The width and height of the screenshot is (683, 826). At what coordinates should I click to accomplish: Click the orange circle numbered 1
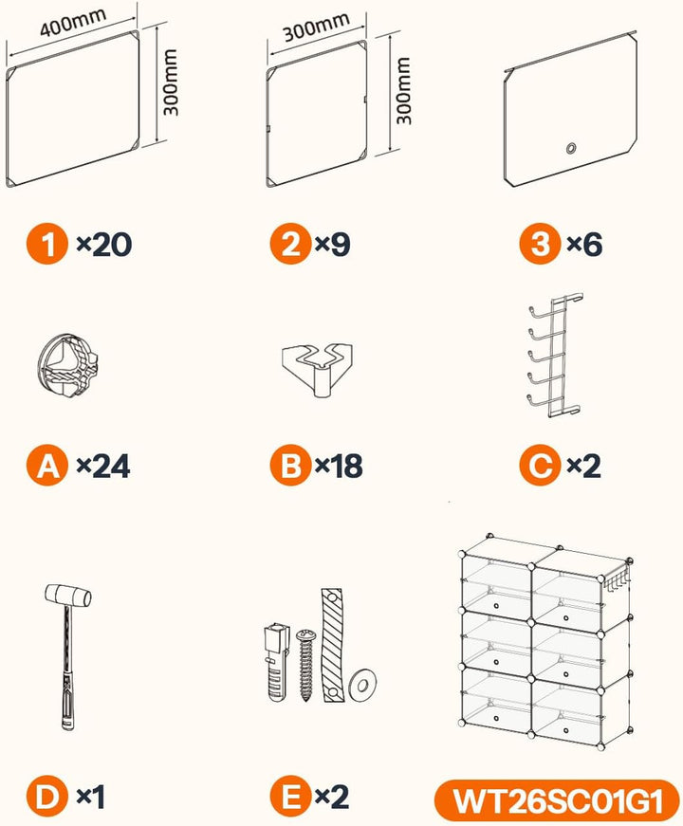[x=47, y=244]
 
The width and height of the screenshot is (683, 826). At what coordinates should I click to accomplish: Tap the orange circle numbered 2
[x=290, y=244]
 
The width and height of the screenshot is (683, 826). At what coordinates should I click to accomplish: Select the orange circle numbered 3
[x=540, y=244]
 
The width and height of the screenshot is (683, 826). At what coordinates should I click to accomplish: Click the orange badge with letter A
[x=47, y=465]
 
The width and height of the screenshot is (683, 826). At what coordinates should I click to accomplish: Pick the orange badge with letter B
[x=290, y=465]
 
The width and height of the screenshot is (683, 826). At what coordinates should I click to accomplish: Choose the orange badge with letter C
[x=540, y=465]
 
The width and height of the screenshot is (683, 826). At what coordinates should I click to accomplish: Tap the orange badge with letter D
[x=47, y=797]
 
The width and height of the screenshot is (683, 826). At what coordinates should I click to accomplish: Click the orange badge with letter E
[x=290, y=797]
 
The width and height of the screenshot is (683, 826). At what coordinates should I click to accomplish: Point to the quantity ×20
[x=103, y=245]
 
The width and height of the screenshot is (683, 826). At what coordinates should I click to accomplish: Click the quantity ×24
[x=103, y=466]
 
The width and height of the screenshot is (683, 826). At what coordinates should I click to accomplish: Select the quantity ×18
[x=339, y=466]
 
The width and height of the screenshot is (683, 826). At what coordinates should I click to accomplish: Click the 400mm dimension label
[x=73, y=23]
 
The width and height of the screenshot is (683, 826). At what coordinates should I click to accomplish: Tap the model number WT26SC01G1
[x=558, y=800]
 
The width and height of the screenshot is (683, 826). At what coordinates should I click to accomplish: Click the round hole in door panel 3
[x=571, y=148]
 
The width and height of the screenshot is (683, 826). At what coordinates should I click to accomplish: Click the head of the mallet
[x=68, y=595]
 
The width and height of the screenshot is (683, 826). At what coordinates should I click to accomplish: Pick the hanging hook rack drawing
[x=553, y=356]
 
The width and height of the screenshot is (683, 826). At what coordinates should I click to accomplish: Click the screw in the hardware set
[x=305, y=664]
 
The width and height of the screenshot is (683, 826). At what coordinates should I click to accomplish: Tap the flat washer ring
[x=362, y=685]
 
